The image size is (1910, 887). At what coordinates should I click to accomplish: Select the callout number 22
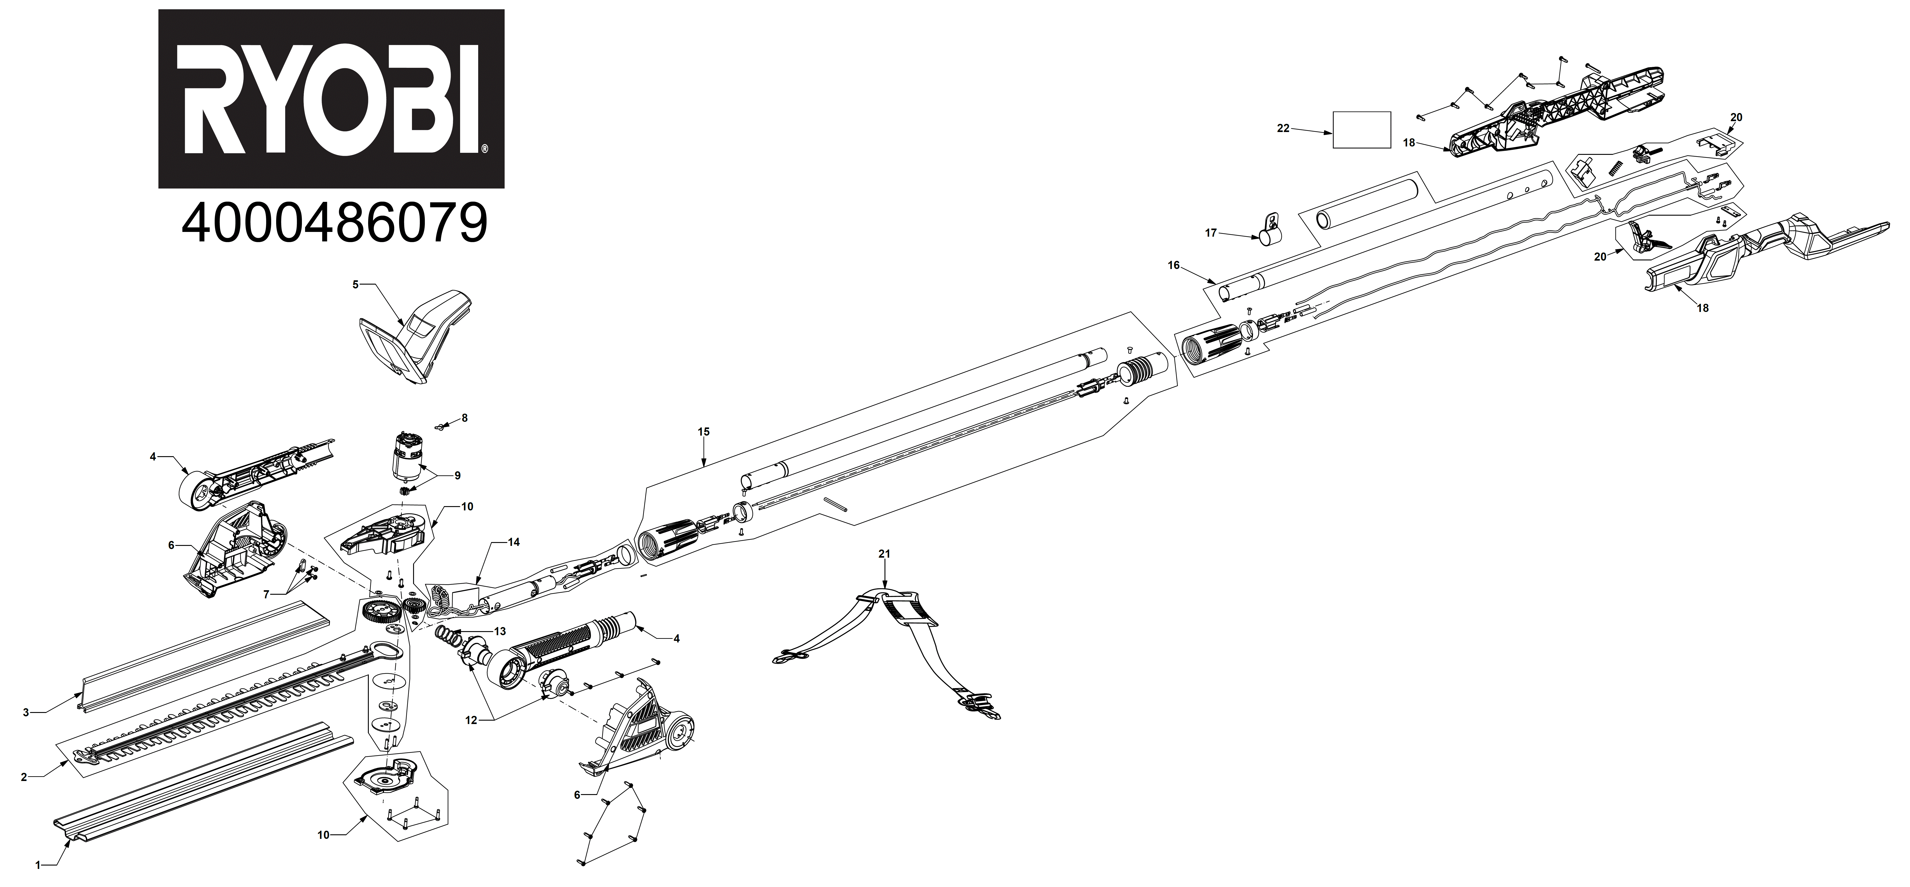pos(1284,128)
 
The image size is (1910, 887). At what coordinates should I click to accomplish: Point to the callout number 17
pos(1211,233)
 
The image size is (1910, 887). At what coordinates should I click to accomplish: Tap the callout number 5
pos(355,284)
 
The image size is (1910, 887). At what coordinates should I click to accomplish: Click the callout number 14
pos(514,542)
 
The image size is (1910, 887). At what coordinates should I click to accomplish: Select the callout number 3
pos(26,713)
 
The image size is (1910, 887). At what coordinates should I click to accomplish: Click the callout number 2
pos(24,777)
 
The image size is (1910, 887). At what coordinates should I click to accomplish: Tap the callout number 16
pos(1173,265)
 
